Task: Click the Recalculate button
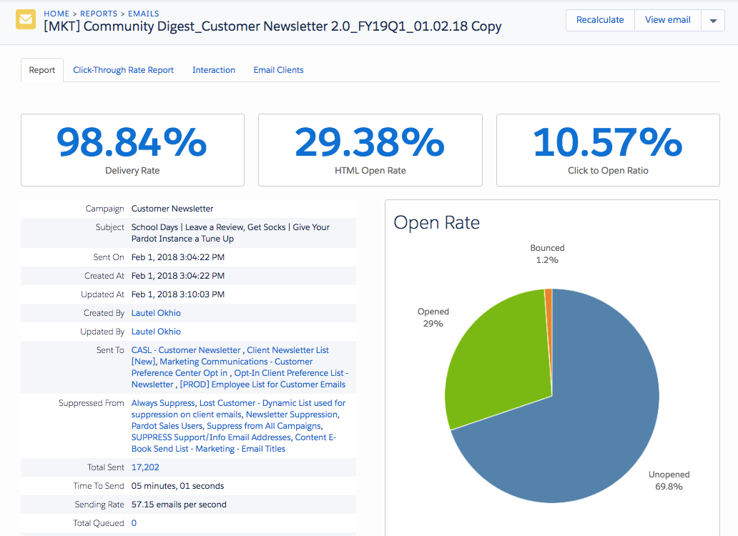point(600,20)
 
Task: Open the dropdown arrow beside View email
point(713,21)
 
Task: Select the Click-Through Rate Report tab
point(123,70)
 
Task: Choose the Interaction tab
point(214,70)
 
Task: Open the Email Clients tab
point(278,70)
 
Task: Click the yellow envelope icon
point(26,20)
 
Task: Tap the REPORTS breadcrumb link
point(99,14)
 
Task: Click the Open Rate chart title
point(436,222)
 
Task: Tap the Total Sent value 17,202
point(145,467)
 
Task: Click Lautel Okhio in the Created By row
point(156,313)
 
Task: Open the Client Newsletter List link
point(287,350)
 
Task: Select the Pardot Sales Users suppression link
point(167,426)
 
